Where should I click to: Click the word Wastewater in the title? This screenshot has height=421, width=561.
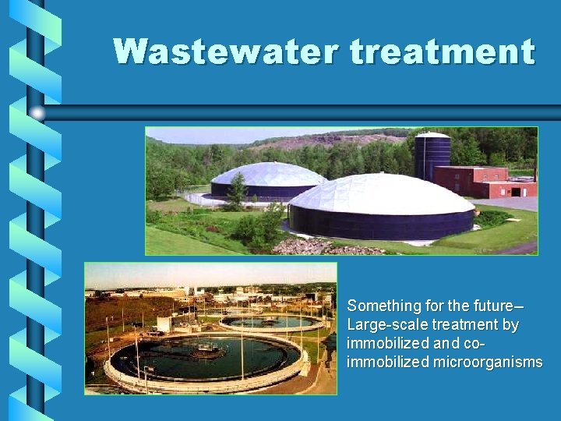(227, 51)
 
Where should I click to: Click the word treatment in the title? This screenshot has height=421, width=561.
(442, 51)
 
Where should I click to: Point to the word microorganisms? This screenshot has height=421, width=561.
(489, 362)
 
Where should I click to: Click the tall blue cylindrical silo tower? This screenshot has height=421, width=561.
(432, 157)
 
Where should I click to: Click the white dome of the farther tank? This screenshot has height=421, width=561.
(267, 173)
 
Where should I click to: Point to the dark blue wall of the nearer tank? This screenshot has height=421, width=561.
(382, 225)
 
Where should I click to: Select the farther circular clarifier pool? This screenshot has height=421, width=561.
(271, 321)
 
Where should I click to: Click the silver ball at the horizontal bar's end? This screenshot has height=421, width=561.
(38, 113)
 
